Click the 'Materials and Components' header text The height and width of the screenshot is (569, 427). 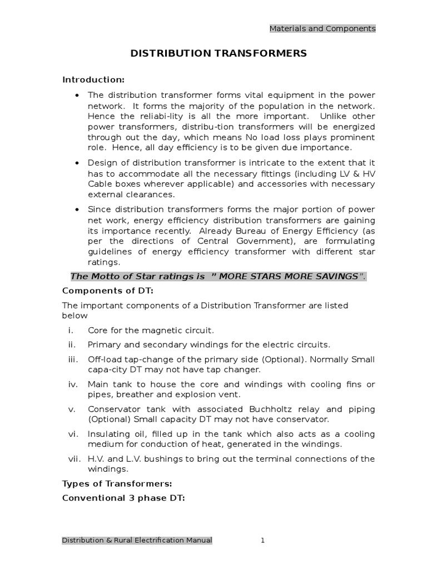pos(322,28)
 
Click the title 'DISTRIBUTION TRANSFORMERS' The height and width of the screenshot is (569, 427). pos(218,53)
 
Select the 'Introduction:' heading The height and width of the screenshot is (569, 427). pos(93,79)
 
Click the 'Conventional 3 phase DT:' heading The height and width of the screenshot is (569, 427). pos(123,497)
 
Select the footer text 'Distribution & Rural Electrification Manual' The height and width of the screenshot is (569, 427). pos(137,540)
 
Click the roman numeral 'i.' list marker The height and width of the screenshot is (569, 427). pos(71,330)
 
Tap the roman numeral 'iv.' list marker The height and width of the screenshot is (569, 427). pos(72,384)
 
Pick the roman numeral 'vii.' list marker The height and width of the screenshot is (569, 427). pos(73,458)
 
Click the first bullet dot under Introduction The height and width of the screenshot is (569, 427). pos(77,94)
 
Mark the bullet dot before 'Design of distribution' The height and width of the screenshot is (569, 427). pos(77,162)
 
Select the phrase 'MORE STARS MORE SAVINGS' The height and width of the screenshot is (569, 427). pos(288,276)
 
